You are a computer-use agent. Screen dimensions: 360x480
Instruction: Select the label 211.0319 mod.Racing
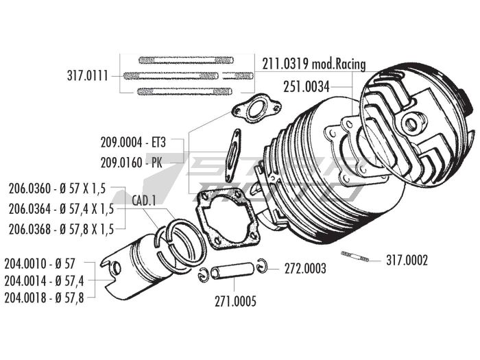coord(313,64)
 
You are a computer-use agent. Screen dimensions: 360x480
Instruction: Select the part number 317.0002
coord(407,260)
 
